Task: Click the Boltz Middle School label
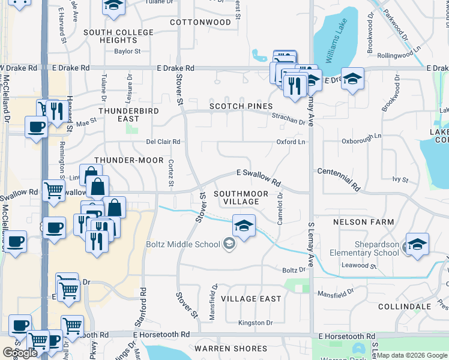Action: (183, 244)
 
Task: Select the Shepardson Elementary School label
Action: (364, 248)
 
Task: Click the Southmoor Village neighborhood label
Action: (237, 197)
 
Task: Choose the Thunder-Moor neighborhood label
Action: (129, 160)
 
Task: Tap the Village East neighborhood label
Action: (251, 299)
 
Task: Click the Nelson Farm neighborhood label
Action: (364, 222)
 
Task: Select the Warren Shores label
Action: (231, 349)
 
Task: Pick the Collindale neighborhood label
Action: (405, 307)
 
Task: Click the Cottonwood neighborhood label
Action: (200, 22)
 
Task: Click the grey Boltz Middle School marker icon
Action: (229, 244)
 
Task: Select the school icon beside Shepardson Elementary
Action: (417, 244)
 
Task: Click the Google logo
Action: (20, 353)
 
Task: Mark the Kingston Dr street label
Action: (256, 323)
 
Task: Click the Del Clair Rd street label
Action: (163, 142)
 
